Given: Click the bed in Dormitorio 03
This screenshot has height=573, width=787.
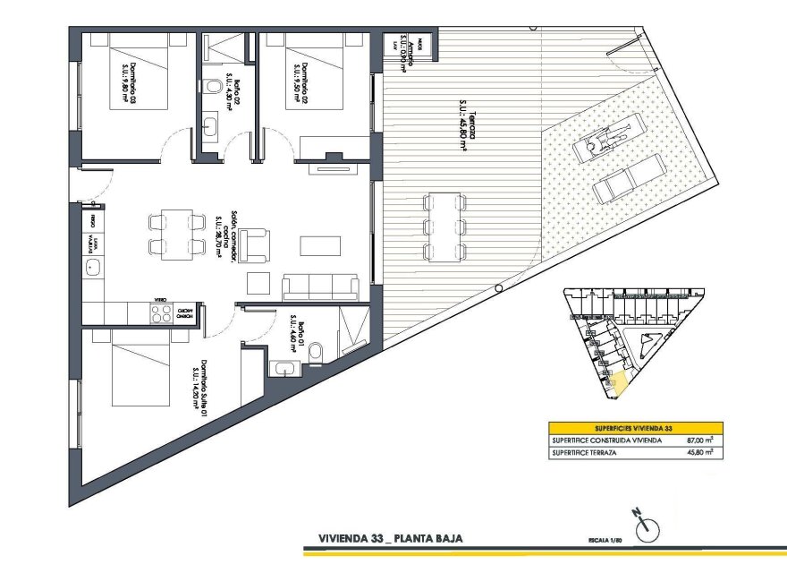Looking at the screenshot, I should tap(140, 75).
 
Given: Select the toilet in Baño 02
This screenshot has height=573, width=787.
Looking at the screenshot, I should tap(212, 87).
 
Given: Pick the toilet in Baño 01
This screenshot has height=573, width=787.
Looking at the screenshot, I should tap(315, 355).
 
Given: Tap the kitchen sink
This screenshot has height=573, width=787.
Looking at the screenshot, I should tap(91, 267).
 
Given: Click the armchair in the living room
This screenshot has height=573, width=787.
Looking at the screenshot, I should tap(258, 242).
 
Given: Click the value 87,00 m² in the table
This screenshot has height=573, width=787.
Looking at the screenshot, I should tap(700, 440).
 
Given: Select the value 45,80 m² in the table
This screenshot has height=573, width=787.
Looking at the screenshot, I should tap(700, 454).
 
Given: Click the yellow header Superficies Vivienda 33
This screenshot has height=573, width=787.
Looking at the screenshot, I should tap(636, 427).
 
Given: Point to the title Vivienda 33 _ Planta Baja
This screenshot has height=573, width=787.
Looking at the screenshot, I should tap(390, 540).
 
